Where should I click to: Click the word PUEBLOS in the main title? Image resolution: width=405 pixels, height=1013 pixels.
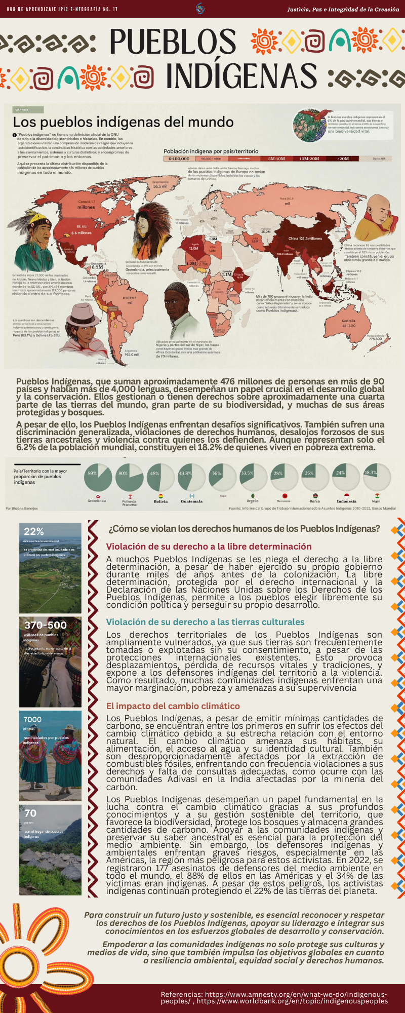click(x=173, y=42)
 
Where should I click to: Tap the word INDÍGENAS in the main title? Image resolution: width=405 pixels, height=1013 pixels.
click(x=242, y=76)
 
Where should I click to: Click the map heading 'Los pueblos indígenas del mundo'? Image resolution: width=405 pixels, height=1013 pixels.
click(x=123, y=122)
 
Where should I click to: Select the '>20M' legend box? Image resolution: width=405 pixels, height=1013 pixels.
click(x=343, y=159)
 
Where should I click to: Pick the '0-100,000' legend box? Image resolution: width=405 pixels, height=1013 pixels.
click(x=179, y=159)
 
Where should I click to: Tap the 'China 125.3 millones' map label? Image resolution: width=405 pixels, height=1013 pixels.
click(x=305, y=239)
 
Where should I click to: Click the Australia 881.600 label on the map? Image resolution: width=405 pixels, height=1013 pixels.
click(x=349, y=323)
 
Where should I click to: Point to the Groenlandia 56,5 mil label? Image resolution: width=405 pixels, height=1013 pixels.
click(x=160, y=184)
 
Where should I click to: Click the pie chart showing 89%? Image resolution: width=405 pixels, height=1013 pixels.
click(x=98, y=477)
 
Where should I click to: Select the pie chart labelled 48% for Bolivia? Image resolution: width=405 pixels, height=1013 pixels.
click(x=160, y=477)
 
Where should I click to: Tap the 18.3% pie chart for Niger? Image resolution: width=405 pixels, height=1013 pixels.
click(x=377, y=477)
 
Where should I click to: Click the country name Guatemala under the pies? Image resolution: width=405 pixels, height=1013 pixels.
click(x=191, y=501)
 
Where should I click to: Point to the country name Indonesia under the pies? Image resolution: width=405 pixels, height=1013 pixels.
click(x=346, y=501)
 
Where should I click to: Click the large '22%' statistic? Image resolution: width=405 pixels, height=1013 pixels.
click(x=34, y=531)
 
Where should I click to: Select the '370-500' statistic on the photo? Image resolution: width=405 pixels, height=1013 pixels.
click(x=46, y=625)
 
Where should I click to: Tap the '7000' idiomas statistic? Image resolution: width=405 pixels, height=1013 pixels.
click(x=32, y=719)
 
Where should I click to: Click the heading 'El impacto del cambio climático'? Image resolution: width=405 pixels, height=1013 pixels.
click(x=173, y=706)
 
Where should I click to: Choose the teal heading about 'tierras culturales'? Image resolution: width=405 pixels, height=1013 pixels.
click(x=205, y=622)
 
